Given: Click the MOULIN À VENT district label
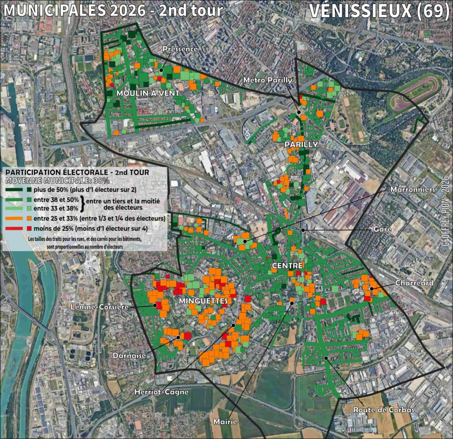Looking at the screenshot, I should point(148,93).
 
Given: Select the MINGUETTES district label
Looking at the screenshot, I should point(204,301).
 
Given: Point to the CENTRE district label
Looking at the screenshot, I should point(288,266).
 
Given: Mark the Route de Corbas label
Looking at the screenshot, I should point(383,410).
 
